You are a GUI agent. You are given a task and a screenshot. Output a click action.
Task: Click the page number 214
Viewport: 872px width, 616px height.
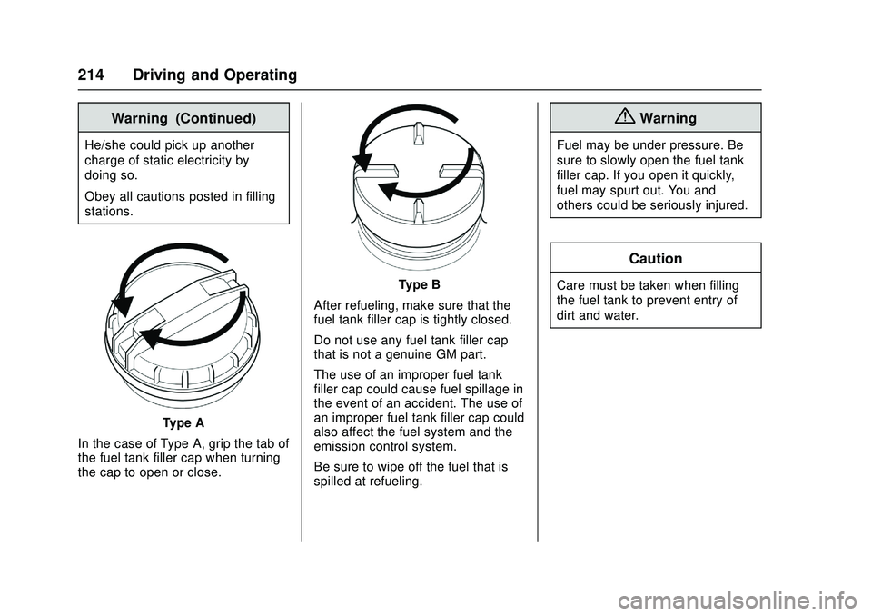(91, 75)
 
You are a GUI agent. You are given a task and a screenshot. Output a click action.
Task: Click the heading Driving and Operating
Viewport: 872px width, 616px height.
(214, 75)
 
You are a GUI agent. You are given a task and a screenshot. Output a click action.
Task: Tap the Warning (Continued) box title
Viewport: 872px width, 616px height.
(183, 118)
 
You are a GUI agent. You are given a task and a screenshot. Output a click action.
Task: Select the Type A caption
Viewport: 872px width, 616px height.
(183, 422)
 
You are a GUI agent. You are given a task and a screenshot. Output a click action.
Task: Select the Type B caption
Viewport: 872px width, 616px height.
(420, 285)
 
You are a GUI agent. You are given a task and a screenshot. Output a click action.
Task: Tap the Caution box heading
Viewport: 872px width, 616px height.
(656, 259)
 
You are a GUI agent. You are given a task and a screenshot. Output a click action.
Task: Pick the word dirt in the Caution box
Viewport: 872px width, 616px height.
(566, 315)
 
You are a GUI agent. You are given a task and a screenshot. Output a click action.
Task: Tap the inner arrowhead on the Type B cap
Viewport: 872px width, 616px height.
(389, 190)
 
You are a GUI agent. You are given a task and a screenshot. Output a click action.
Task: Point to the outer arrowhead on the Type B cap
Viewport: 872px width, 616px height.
(362, 163)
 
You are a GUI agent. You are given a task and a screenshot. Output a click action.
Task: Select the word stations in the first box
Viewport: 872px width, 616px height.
(109, 212)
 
